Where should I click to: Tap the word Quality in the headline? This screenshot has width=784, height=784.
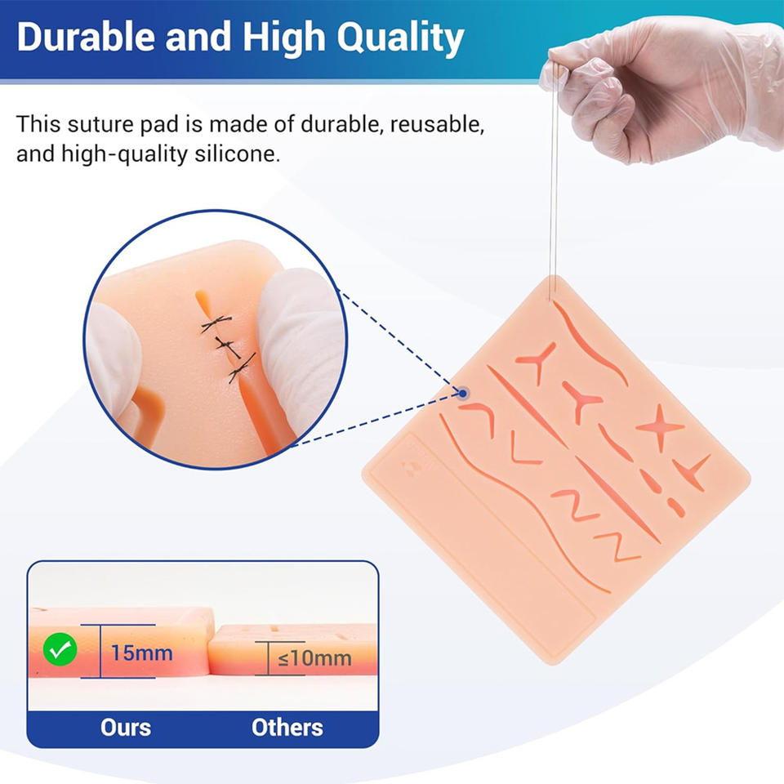tap(400, 39)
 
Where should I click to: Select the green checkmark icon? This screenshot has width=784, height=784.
tap(60, 649)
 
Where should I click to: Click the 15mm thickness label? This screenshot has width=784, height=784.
tap(141, 653)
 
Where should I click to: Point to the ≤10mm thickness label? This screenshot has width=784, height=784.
tap(314, 658)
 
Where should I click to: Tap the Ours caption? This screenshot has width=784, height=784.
tap(126, 728)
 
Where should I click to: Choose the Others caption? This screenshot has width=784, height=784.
tap(287, 728)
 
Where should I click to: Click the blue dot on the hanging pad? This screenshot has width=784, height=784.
tap(463, 394)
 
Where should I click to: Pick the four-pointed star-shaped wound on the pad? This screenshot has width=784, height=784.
tap(660, 427)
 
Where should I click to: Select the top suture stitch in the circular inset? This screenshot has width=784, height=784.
tap(216, 323)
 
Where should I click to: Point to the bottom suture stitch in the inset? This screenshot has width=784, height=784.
tap(242, 368)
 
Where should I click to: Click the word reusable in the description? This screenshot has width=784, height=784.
tap(436, 124)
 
